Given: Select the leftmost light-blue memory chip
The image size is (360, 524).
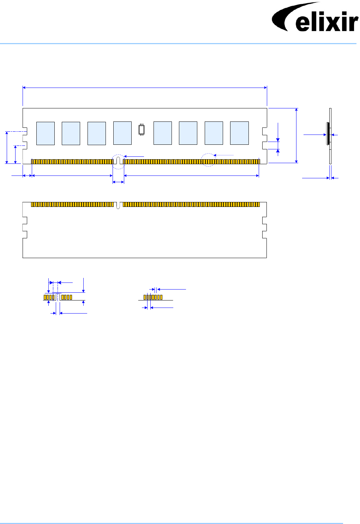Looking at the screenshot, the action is (46, 133).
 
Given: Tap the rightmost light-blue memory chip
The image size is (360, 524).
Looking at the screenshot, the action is (239, 133).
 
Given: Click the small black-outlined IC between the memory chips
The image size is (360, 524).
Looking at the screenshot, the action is (142, 130).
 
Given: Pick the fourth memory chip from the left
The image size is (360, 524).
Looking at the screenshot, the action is (122, 133).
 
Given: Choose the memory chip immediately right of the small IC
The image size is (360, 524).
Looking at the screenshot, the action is (163, 133).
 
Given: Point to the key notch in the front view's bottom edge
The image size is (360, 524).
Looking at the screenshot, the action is (118, 160).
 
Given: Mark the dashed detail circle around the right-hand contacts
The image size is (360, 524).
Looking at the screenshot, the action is (208, 160).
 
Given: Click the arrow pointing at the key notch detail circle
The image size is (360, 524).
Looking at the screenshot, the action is (134, 156).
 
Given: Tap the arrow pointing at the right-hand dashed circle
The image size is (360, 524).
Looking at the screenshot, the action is (224, 155).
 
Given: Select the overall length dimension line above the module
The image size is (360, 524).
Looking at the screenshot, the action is (145, 88).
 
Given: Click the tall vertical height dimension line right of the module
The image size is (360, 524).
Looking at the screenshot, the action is (296, 136).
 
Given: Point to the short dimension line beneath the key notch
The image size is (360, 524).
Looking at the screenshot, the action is (118, 182).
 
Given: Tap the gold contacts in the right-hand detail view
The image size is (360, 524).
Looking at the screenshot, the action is (153, 297).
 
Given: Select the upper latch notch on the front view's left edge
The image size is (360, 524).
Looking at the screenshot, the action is (25, 131).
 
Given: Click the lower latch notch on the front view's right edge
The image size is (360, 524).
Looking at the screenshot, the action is (265, 145).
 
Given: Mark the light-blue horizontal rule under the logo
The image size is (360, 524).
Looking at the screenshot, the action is (178, 43).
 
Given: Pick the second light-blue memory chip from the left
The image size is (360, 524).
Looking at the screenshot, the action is (71, 133).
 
